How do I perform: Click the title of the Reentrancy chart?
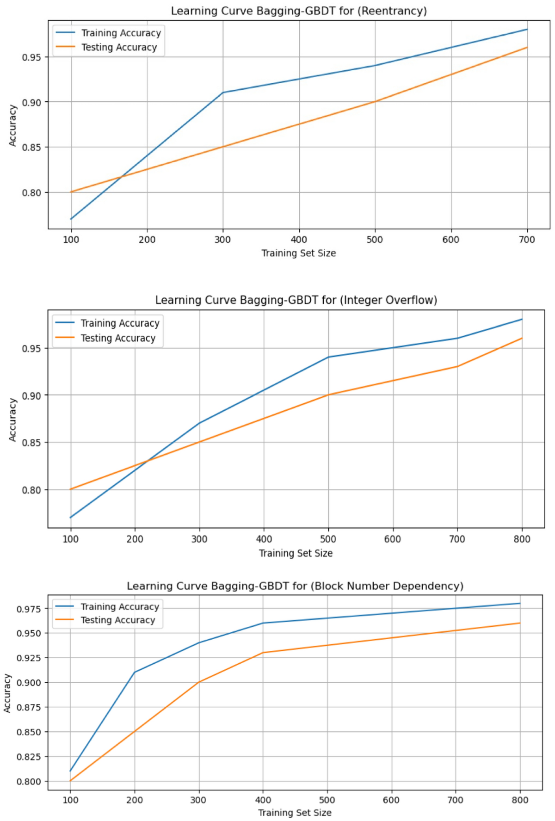(x=299, y=11)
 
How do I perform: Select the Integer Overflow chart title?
(x=296, y=300)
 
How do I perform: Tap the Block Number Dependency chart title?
(x=295, y=586)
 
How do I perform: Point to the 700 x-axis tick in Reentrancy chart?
(x=527, y=240)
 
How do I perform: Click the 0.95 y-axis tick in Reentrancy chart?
(x=32, y=57)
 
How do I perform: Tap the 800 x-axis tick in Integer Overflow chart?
(x=522, y=539)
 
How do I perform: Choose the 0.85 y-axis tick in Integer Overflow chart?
(x=32, y=443)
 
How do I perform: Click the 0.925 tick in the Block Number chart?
(x=29, y=658)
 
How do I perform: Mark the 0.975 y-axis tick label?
(x=29, y=609)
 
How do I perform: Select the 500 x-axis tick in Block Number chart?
(x=327, y=800)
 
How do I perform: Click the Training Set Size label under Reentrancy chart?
(x=299, y=253)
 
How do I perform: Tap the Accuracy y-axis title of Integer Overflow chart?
(x=12, y=420)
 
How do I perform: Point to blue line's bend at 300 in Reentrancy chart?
(x=223, y=93)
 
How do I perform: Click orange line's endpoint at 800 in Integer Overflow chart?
(x=522, y=339)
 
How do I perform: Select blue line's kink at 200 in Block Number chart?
(x=135, y=672)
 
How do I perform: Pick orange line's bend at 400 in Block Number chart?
(x=263, y=653)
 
